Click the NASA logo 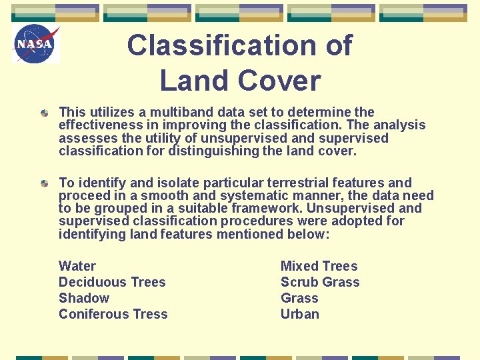click(36, 44)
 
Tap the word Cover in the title click(280, 81)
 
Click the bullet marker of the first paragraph click(44, 113)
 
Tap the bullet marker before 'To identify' click(44, 183)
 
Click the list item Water click(77, 266)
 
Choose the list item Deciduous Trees click(112, 282)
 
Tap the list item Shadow click(84, 298)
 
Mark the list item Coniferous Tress click(113, 314)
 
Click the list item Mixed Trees click(319, 266)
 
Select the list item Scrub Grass click(320, 282)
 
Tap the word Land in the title click(188, 81)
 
